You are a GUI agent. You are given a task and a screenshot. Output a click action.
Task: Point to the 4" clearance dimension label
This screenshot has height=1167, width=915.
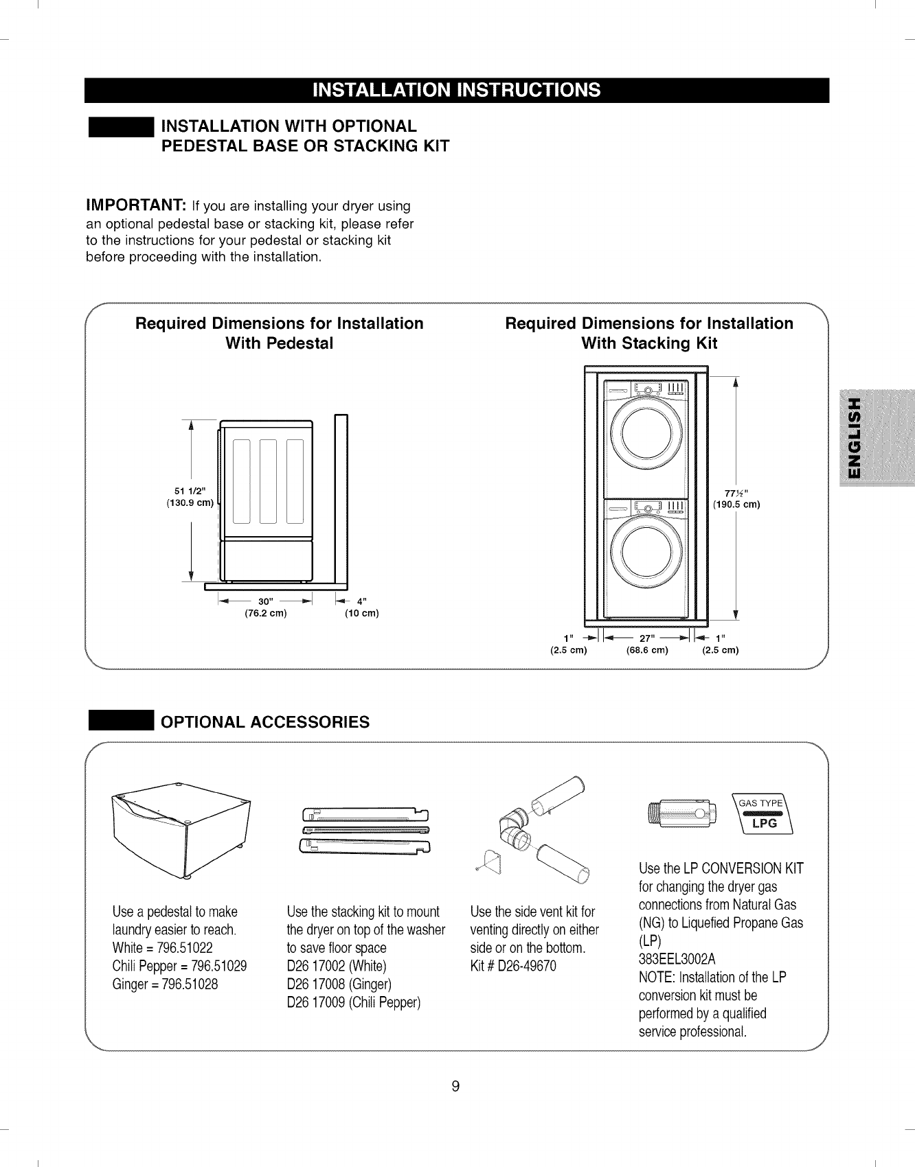(360, 601)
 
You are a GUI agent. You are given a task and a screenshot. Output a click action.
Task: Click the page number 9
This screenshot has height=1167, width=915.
(455, 1086)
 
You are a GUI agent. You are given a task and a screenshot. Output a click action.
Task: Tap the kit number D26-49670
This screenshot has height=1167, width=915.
(513, 966)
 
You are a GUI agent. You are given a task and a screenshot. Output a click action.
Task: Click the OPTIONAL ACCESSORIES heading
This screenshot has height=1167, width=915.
(264, 722)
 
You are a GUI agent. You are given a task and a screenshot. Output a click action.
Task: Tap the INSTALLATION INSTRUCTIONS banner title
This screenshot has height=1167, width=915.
(456, 91)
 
